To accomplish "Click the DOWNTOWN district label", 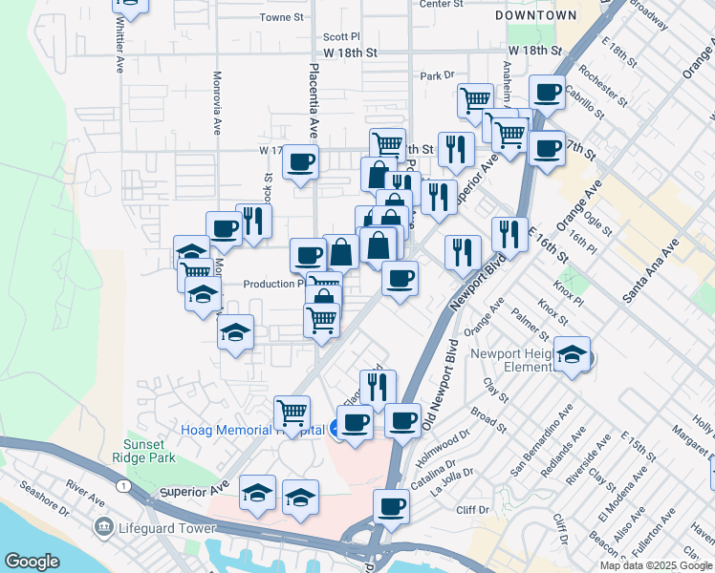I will click(x=537, y=16).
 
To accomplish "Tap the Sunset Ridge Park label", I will click(x=150, y=451).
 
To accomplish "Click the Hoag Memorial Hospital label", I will click(x=252, y=430).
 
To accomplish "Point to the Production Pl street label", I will click(x=272, y=284).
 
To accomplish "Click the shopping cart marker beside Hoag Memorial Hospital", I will click(x=292, y=413).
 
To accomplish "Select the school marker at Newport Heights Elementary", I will click(x=573, y=353).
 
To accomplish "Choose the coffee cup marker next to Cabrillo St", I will click(x=548, y=92).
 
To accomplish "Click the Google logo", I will click(x=32, y=562).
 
